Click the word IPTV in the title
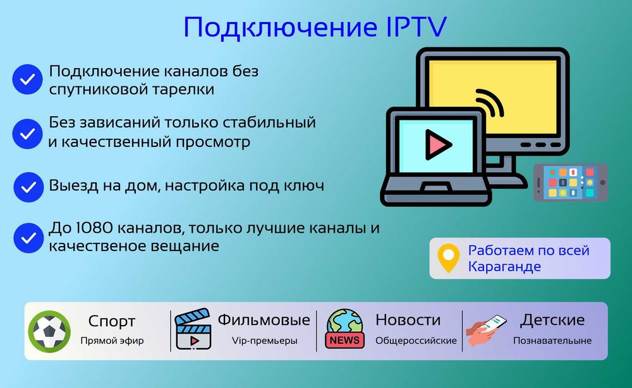(x=416, y=27)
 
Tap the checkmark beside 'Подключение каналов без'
(x=27, y=79)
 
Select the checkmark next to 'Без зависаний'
(x=27, y=134)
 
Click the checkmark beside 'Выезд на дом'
(x=28, y=187)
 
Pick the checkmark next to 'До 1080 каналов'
(x=28, y=238)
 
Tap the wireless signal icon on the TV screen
(x=489, y=103)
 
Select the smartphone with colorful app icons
(x=570, y=182)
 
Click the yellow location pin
(x=448, y=257)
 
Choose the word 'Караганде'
(x=504, y=267)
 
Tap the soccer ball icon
(x=49, y=331)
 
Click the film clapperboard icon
(x=193, y=329)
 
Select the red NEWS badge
(x=344, y=340)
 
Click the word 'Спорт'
(x=112, y=321)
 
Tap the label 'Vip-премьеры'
(x=264, y=341)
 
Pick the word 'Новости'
(x=408, y=320)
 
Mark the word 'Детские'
(x=552, y=320)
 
